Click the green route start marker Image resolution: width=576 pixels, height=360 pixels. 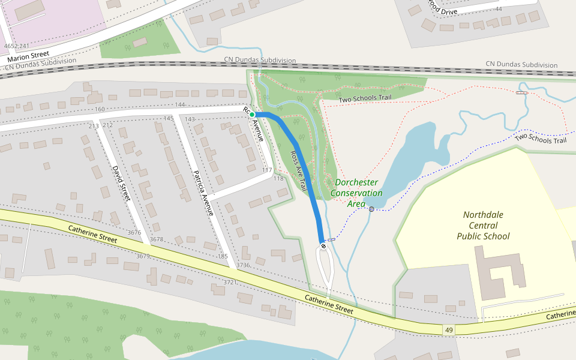(x=253, y=115)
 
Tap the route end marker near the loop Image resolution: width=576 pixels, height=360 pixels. (x=323, y=246)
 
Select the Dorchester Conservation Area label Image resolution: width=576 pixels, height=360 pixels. (x=356, y=193)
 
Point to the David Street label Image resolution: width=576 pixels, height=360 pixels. (x=121, y=184)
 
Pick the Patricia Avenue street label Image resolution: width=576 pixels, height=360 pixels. (x=203, y=193)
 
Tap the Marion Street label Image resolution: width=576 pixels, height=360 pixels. (x=28, y=58)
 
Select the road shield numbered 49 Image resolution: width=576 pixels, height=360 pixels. (x=449, y=330)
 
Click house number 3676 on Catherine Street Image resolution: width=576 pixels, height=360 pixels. (x=135, y=232)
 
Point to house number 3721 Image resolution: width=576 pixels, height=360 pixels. (x=230, y=282)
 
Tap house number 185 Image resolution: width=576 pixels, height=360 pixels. (x=223, y=256)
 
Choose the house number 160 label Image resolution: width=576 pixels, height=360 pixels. (x=100, y=109)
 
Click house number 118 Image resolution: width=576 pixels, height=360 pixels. (x=278, y=179)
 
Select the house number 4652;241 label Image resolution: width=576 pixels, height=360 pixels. (x=16, y=46)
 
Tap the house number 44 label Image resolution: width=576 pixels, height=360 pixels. (x=498, y=9)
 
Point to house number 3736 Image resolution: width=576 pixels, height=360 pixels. (x=243, y=265)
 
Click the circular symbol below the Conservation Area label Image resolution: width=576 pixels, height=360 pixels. (x=371, y=209)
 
